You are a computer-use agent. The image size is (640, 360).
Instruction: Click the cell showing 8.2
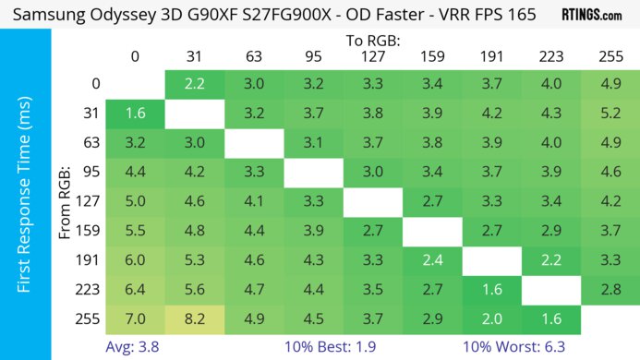pos(194,320)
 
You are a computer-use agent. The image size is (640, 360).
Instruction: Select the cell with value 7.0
pos(135,320)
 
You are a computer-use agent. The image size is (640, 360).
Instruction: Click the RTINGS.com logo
pos(592,16)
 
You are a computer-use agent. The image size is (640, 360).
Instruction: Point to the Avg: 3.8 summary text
pos(135,347)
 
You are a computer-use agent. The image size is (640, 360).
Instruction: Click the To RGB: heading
pos(373,41)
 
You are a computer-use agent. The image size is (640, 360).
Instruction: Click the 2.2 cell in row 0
pos(194,84)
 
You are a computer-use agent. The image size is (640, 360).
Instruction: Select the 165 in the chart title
pos(522,16)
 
